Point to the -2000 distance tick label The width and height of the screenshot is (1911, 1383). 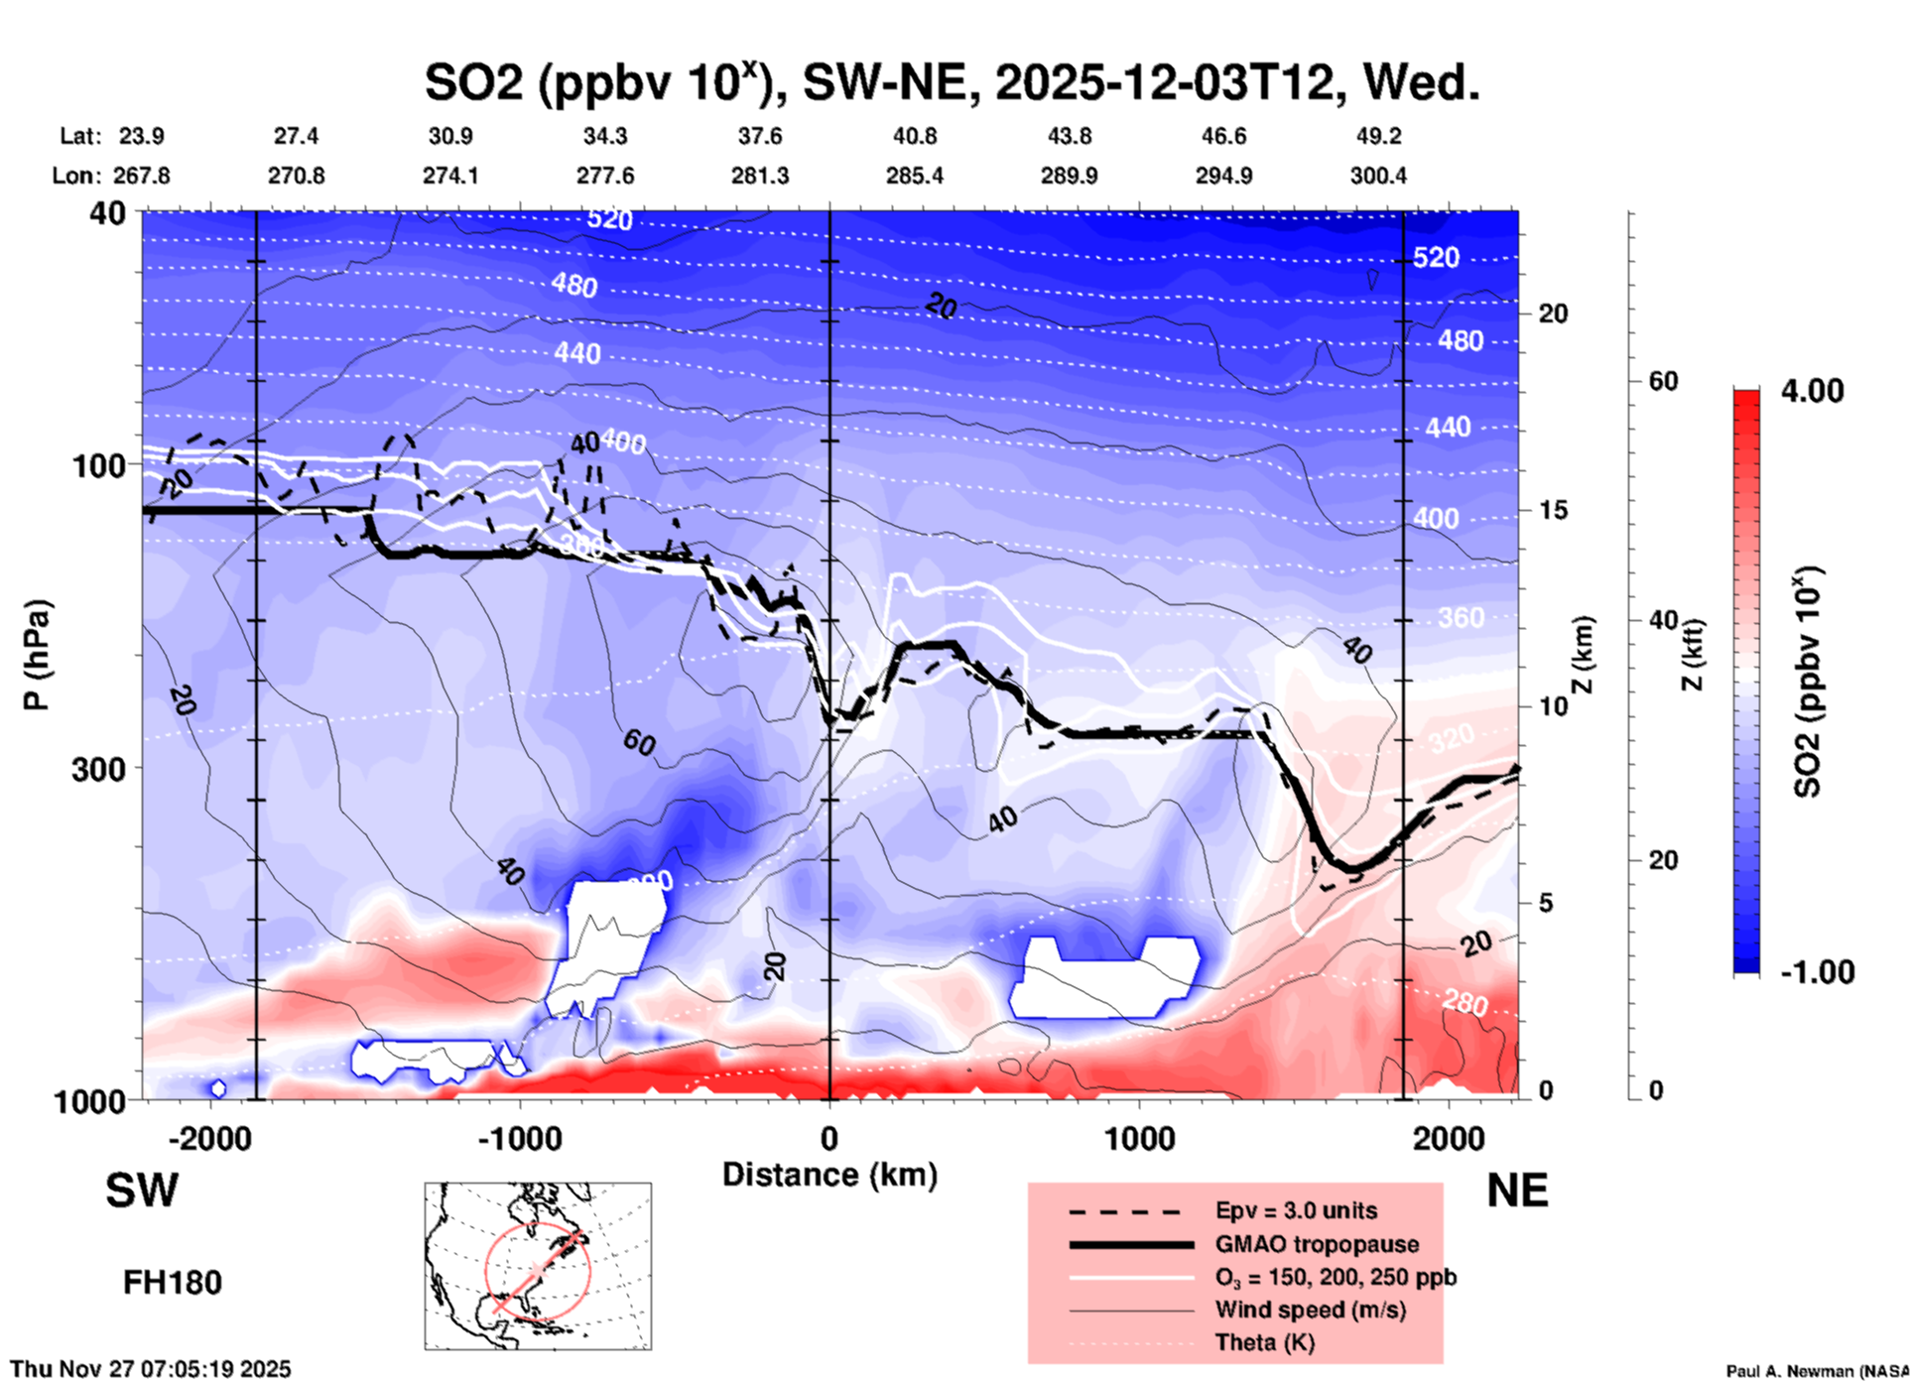pos(210,1139)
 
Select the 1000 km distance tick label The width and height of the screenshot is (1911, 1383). pos(1139,1139)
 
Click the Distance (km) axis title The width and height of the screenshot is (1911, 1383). pos(829,1175)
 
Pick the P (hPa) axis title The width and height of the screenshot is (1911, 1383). pos(37,655)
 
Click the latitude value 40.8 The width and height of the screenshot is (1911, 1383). pos(914,136)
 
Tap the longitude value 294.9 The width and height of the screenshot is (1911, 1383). pos(1223,176)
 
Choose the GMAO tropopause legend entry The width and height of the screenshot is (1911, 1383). pos(1317,1244)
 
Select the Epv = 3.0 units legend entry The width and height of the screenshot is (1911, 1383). pos(1296,1211)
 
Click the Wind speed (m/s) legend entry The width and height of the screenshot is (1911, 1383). pos(1310,1310)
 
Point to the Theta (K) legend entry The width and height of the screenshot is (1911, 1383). pos(1265,1342)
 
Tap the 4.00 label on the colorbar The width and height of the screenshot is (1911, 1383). pos(1812,391)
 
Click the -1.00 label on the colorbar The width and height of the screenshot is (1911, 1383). pos(1817,972)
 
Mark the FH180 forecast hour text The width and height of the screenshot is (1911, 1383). pos(173,1283)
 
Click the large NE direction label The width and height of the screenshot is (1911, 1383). pos(1517,1192)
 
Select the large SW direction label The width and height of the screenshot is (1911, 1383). pos(142,1192)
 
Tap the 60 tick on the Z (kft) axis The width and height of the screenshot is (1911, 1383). pos(1663,382)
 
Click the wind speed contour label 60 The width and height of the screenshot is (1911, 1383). pos(639,742)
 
